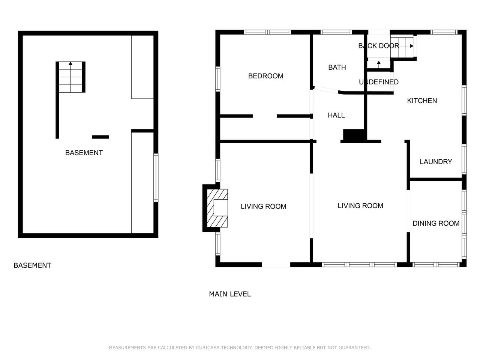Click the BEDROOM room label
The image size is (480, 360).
[265, 76]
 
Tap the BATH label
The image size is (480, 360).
[337, 67]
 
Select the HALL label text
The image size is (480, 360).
[336, 115]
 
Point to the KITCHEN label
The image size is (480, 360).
[422, 101]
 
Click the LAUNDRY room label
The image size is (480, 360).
[436, 162]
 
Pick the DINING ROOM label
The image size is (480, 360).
[436, 223]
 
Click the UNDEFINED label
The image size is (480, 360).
[378, 82]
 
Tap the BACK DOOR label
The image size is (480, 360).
[378, 46]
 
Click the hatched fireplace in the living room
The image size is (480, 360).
[217, 208]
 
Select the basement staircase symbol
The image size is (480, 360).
[70, 77]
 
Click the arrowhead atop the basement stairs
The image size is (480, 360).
[70, 63]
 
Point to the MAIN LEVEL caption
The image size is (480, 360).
[230, 294]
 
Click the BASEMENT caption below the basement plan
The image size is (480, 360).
[32, 265]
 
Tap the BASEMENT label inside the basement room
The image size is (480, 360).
[84, 153]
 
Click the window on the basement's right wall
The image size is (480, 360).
[156, 177]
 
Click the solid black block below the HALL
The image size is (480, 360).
[354, 135]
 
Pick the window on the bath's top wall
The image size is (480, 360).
[336, 32]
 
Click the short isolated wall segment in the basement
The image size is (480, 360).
[100, 137]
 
